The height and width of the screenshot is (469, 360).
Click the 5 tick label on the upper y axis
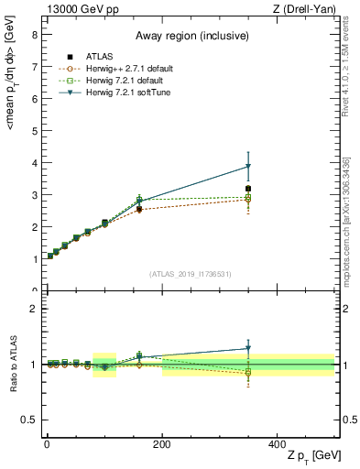point(34,131)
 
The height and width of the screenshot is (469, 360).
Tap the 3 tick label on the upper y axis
point(34,195)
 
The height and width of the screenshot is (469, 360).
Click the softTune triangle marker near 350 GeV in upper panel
point(248,167)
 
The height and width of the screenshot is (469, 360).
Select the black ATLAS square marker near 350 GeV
point(248,189)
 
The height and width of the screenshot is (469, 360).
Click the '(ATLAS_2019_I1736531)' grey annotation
point(190,274)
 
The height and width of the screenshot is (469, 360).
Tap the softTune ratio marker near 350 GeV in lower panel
point(248,348)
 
